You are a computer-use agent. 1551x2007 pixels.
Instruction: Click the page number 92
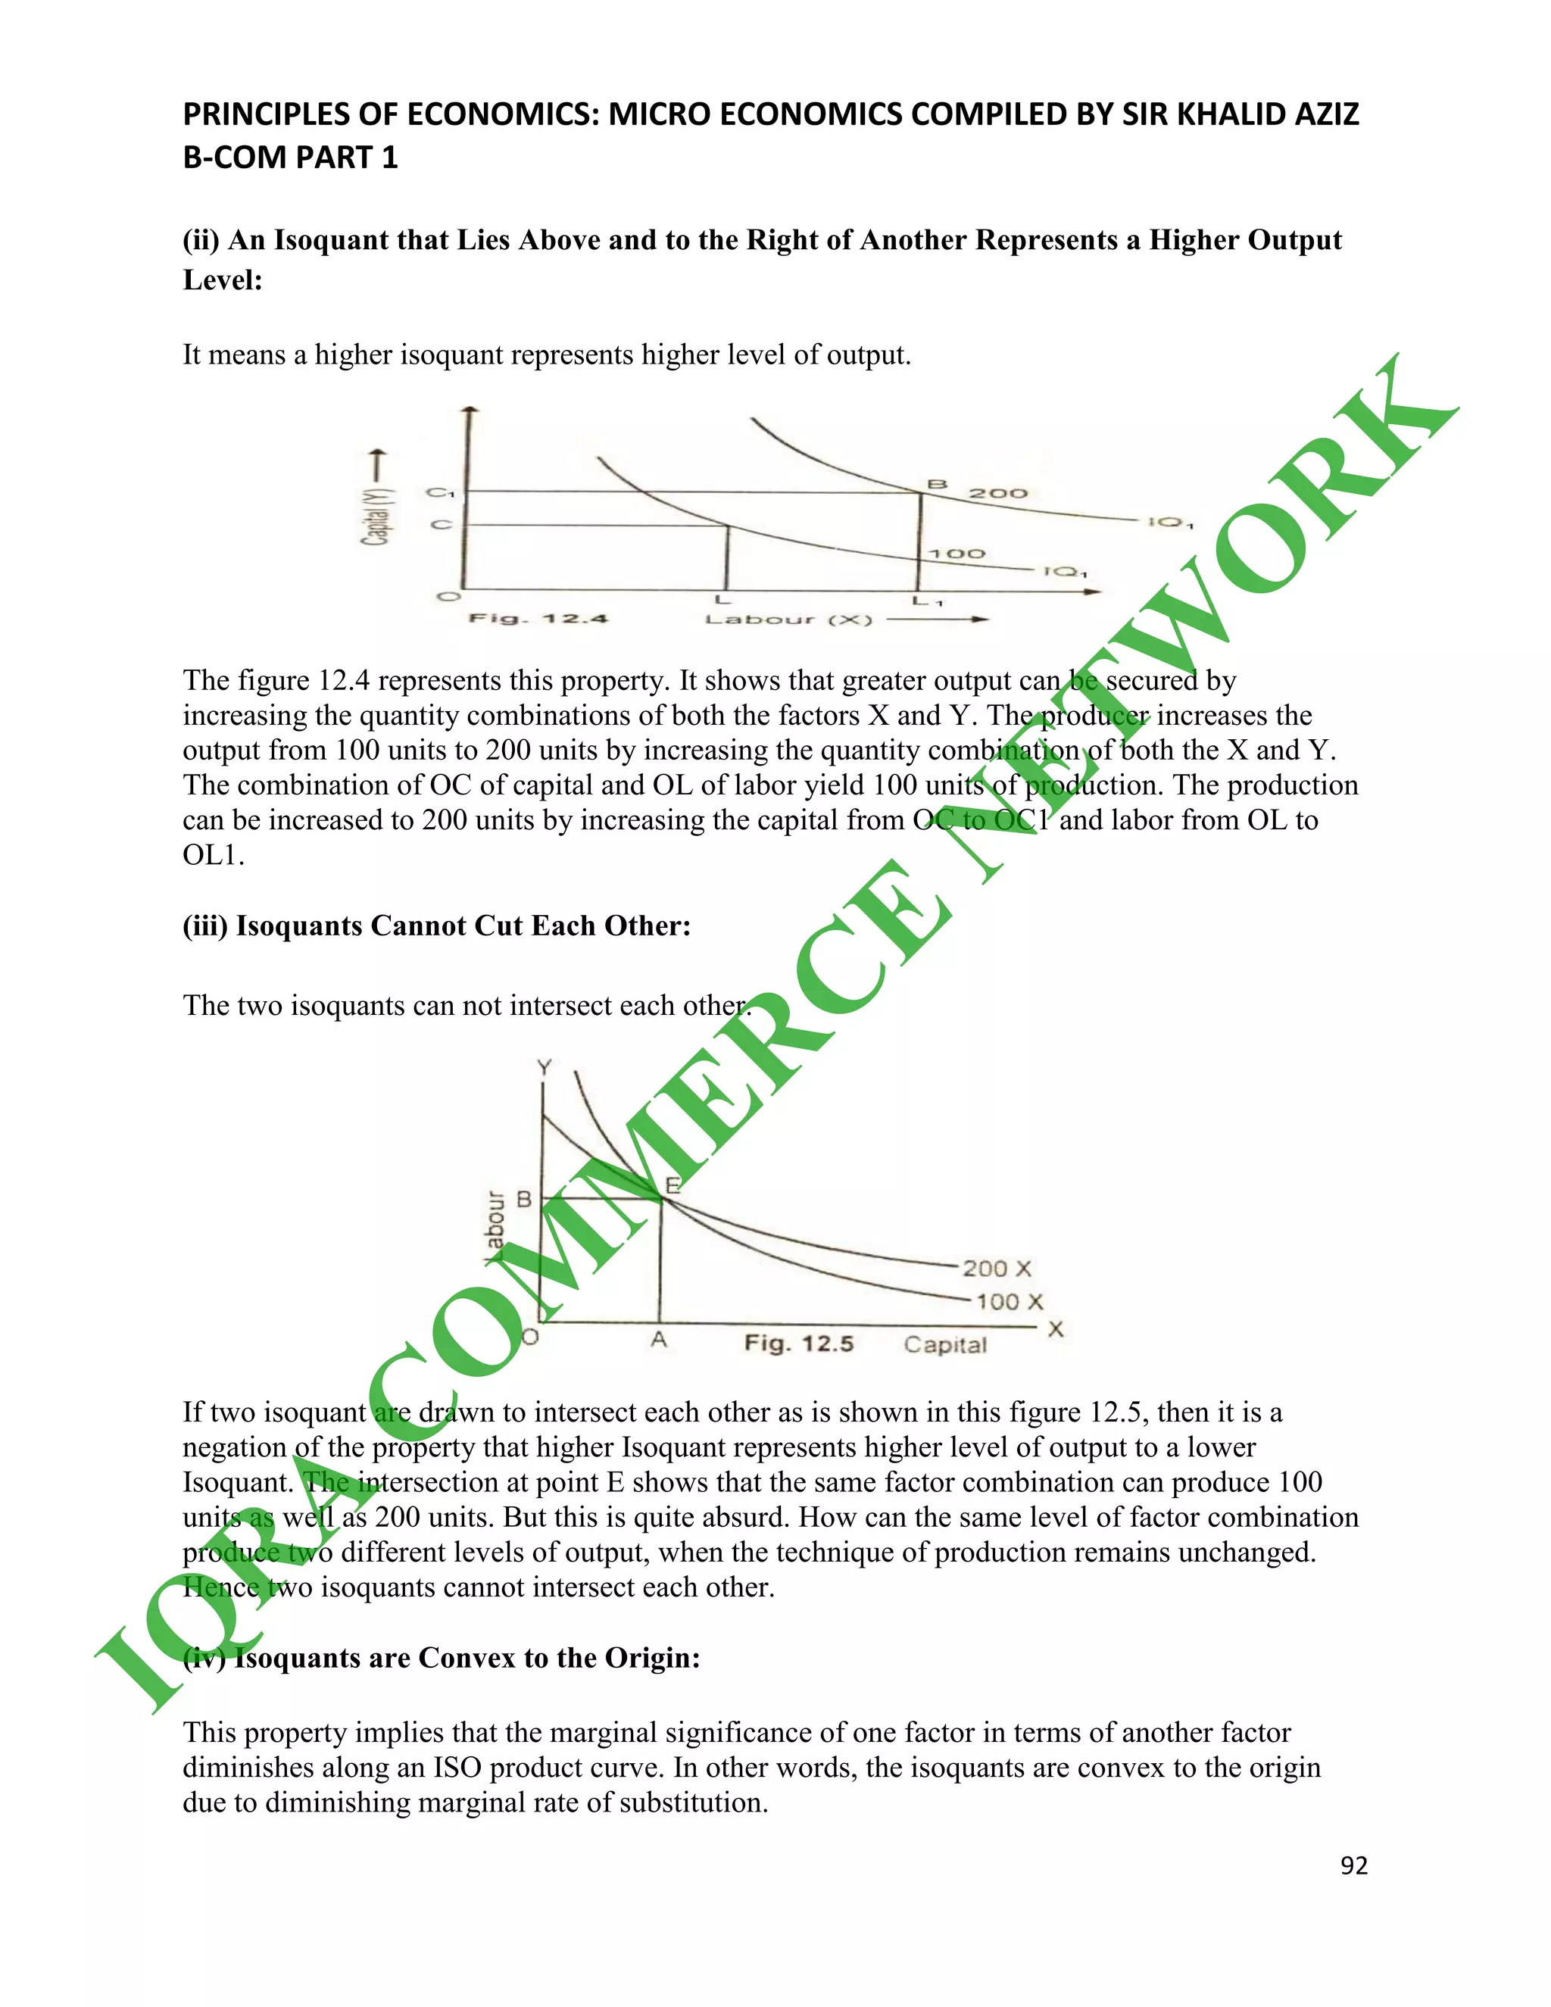(1353, 1865)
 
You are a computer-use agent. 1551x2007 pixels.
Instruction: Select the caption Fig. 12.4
(538, 619)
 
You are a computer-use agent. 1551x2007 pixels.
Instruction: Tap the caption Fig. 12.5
(798, 1344)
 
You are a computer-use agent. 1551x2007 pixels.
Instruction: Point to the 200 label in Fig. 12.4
(998, 494)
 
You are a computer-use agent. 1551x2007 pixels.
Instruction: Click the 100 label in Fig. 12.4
(957, 553)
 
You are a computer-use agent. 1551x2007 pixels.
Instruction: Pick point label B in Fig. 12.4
(936, 483)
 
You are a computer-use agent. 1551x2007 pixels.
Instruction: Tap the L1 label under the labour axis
(927, 602)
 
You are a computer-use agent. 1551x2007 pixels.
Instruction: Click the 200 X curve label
(997, 1269)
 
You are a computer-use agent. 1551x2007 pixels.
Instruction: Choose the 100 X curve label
(1009, 1302)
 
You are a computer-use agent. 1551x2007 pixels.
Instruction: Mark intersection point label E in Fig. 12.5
(673, 1185)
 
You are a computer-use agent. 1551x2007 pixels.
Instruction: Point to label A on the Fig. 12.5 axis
(659, 1341)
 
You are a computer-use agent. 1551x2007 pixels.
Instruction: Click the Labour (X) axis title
(788, 620)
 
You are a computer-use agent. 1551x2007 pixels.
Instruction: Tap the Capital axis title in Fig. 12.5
(944, 1344)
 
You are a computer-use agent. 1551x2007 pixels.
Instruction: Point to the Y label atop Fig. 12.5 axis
(545, 1067)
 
